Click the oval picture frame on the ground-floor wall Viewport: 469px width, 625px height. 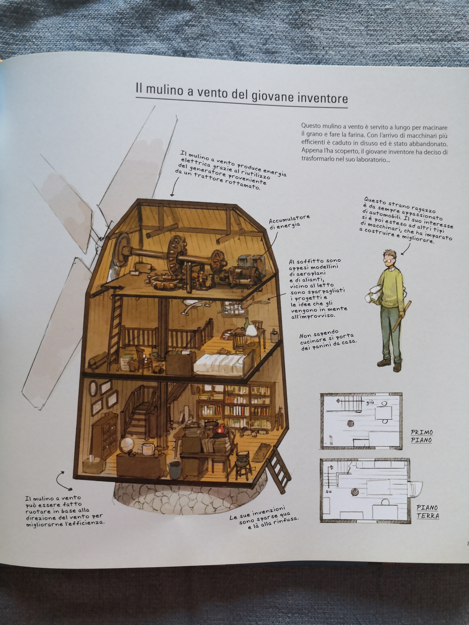pyautogui.click(x=93, y=389)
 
